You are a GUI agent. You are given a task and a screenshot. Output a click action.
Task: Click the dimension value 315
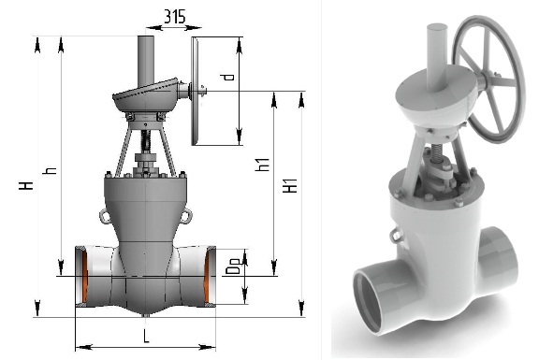tap(174, 17)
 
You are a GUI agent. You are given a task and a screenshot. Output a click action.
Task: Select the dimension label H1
tap(290, 185)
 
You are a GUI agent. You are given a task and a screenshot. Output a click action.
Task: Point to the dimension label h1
tap(262, 165)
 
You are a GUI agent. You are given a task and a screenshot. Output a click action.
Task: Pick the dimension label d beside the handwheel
tap(228, 77)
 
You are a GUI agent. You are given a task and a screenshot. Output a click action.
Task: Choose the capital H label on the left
tap(26, 185)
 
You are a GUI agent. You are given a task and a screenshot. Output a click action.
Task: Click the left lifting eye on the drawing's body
tap(105, 216)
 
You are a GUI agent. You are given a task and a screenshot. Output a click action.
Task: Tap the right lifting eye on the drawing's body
tap(185, 216)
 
